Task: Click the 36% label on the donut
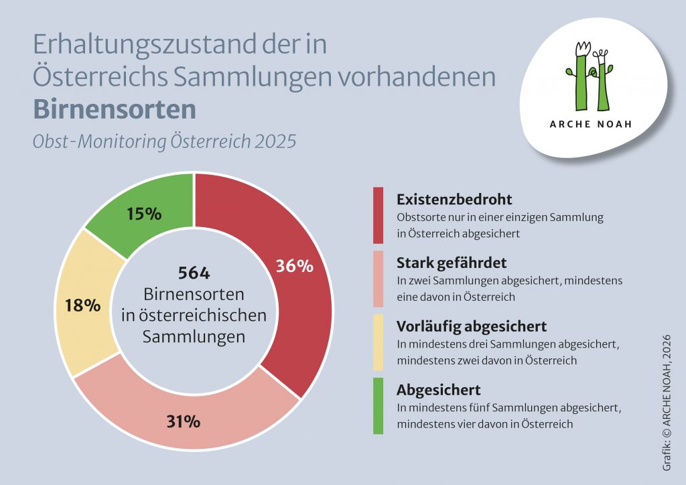click(295, 266)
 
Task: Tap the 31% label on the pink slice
click(183, 422)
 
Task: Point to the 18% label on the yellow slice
click(83, 305)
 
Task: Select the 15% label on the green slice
click(144, 214)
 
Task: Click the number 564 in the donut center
click(194, 273)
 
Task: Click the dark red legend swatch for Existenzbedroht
click(379, 215)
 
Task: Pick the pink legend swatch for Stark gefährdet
click(379, 278)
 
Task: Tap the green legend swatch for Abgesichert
click(379, 406)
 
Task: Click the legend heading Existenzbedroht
click(454, 200)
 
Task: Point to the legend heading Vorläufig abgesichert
click(472, 326)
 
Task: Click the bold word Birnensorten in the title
click(115, 109)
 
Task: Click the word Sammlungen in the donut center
click(194, 337)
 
